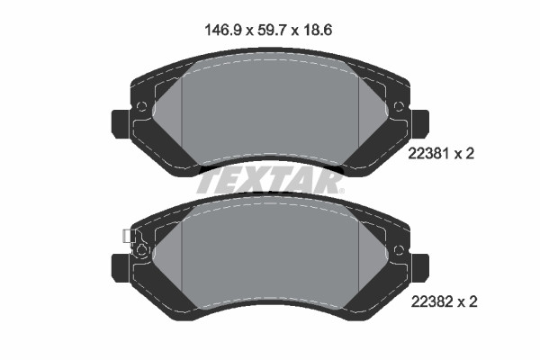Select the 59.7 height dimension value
tap(273, 31)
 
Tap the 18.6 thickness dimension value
tap(318, 31)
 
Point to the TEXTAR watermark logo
tap(270, 183)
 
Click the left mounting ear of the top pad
tap(121, 124)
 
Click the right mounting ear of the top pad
tap(420, 124)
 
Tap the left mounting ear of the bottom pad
tap(121, 268)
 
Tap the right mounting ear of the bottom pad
tap(420, 268)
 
